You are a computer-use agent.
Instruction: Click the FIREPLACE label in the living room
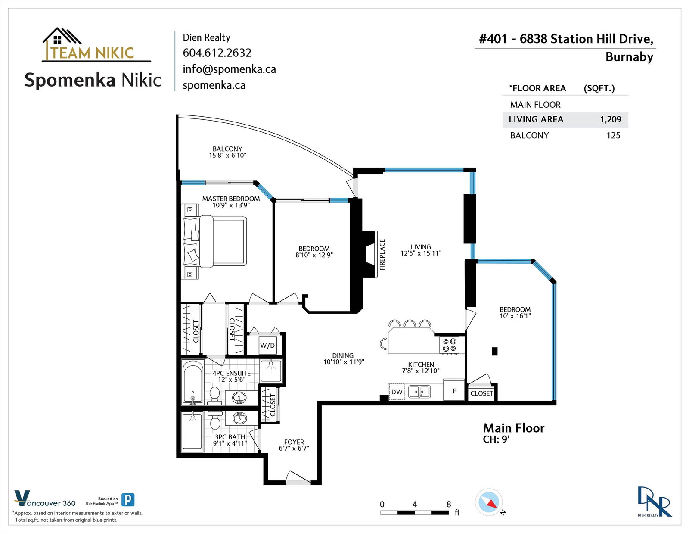pos(382,255)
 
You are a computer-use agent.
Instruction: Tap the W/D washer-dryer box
pos(267,345)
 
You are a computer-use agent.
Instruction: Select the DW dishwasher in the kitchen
pos(397,392)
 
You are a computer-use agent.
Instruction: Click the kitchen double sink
pos(419,392)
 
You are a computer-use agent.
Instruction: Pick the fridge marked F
pos(454,390)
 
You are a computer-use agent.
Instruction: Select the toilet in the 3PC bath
pos(215,420)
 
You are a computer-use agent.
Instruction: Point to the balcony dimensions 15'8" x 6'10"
pos(227,156)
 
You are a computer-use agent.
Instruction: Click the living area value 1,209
pos(610,119)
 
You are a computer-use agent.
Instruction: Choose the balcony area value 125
pos(613,135)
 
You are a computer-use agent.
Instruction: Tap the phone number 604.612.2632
pos(217,53)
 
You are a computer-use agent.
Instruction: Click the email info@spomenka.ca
pos(229,69)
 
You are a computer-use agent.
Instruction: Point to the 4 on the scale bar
pos(414,504)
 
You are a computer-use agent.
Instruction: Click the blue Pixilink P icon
pos(128,500)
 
